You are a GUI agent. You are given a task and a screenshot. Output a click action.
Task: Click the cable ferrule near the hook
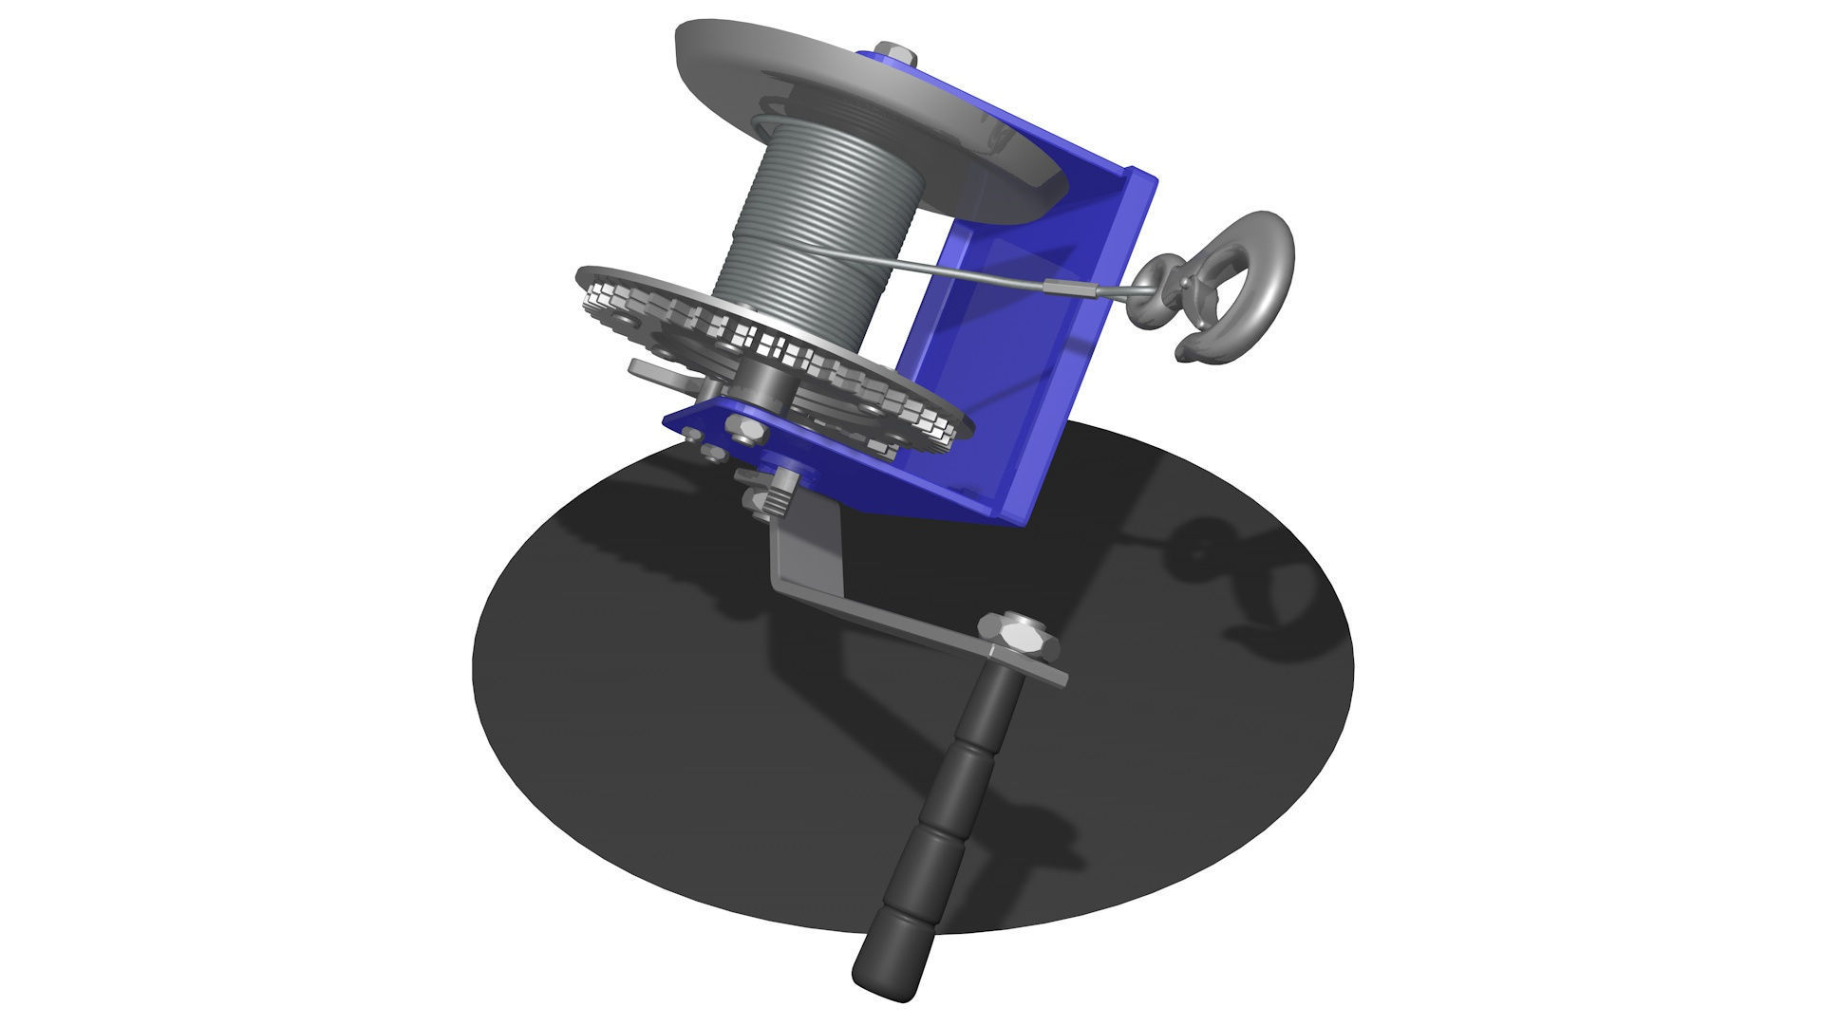(x=1068, y=286)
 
